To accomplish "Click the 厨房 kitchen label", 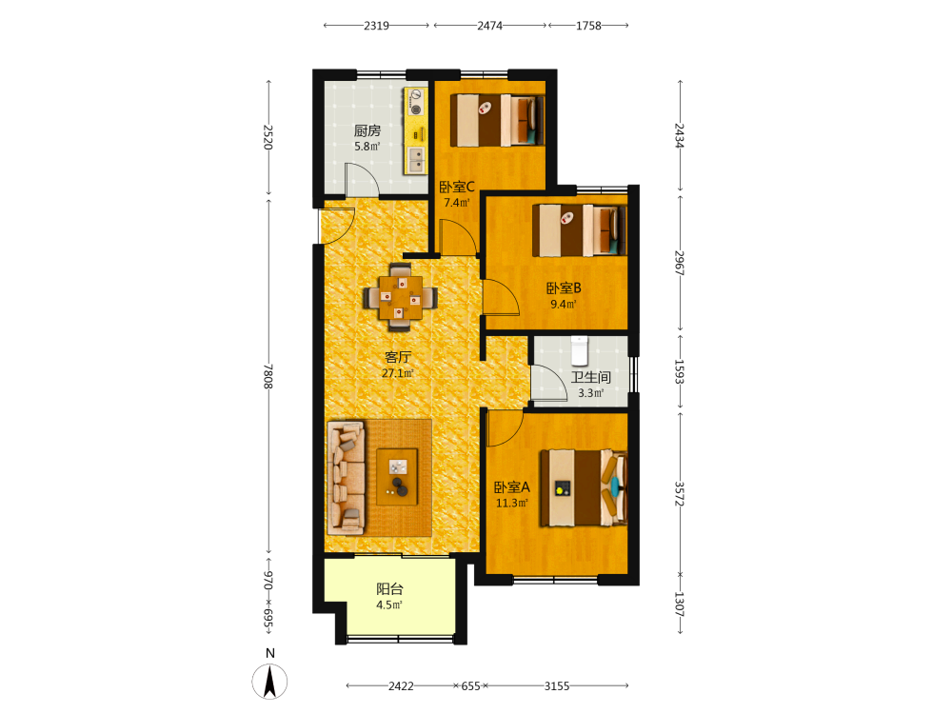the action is pos(367,130).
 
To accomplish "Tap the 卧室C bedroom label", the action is pos(457,187).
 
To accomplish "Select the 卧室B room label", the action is pos(564,288).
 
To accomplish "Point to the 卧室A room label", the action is pos(512,486).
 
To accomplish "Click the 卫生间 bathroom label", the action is pos(591,377).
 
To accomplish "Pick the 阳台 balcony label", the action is pos(389,589).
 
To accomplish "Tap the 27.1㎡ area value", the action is pos(398,373).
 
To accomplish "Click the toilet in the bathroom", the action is pos(579,350).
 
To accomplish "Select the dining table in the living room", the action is pos(400,297).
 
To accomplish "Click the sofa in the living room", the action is pos(347,478).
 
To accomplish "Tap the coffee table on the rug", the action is pos(397,477).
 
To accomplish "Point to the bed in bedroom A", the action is pos(584,487).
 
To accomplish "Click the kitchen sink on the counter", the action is pos(416,160).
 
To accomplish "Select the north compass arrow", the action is pos(269,682).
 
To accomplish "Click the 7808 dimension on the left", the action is pos(268,376).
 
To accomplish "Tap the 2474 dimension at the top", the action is pos(489,26).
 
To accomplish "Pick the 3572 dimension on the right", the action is pos(680,494).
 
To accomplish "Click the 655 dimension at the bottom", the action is pos(470,686).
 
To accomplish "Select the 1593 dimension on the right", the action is pos(680,371).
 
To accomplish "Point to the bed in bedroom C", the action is pos(497,120).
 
